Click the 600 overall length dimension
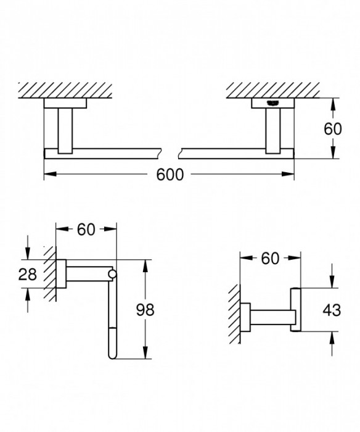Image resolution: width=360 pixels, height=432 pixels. tap(170, 175)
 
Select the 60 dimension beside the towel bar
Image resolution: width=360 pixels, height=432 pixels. tap(332, 129)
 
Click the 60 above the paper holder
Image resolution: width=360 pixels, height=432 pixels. tap(86, 230)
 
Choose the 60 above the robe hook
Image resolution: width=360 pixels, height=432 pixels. tap(270, 259)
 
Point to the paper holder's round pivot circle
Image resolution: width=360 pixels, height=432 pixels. tap(112, 273)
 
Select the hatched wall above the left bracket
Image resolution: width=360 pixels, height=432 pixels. tap(68, 89)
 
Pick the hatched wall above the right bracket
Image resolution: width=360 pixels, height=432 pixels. tap(271, 89)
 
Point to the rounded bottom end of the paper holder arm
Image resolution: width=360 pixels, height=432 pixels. tap(112, 354)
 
